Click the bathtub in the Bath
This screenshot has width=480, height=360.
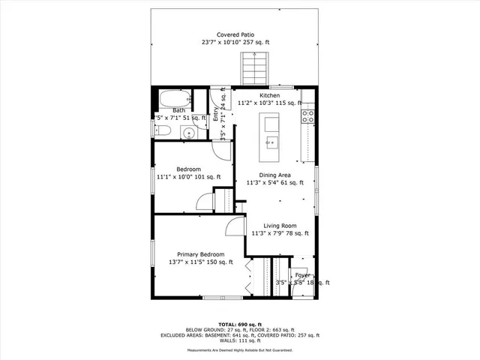(x=173, y=99)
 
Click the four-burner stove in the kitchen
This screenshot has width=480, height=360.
(x=307, y=115)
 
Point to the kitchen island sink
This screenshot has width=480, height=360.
(x=270, y=140)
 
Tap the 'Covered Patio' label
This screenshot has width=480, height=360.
(x=235, y=34)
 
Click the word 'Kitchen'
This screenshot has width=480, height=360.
(x=270, y=96)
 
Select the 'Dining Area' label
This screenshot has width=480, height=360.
(x=274, y=175)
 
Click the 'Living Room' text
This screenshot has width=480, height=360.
(x=279, y=226)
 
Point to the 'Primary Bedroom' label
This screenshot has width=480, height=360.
(x=200, y=254)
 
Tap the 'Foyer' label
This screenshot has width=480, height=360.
(x=303, y=275)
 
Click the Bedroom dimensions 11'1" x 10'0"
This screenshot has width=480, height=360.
(x=188, y=177)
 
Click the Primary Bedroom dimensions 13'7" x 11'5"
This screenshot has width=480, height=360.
(x=200, y=262)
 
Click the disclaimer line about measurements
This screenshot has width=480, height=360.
(x=239, y=349)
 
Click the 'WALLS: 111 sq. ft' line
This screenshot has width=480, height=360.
(x=239, y=340)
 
